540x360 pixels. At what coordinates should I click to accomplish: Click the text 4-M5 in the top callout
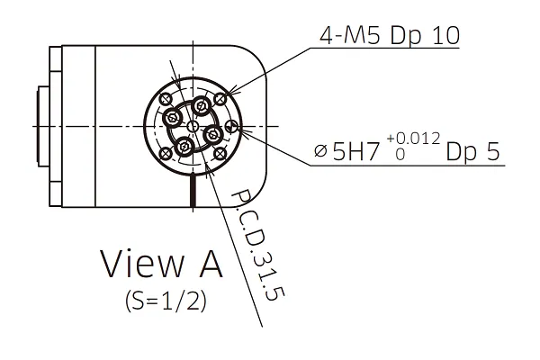pos(349,35)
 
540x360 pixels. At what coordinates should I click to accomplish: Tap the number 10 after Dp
pos(446,35)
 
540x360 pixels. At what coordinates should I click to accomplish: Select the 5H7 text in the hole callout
pos(355,151)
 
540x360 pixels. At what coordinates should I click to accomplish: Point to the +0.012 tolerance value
pos(413,139)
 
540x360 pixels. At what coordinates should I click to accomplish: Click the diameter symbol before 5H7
pos(320,151)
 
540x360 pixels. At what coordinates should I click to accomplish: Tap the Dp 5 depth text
pos(472,151)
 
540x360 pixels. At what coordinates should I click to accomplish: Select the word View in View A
pos(142,264)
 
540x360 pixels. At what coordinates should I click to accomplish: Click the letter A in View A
pos(211,264)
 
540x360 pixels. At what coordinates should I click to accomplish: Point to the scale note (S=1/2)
pos(166,301)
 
